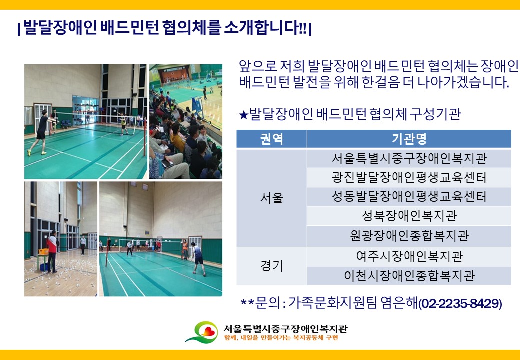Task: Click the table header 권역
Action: tap(271, 139)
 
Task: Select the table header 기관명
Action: tap(409, 139)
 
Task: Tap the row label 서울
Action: tap(272, 198)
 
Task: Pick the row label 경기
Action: tap(272, 266)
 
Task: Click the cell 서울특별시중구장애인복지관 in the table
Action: tap(409, 158)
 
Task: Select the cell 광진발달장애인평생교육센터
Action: tap(409, 177)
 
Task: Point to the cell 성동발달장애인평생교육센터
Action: tap(409, 197)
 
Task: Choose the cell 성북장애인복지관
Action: tap(409, 216)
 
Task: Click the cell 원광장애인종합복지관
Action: tap(409, 236)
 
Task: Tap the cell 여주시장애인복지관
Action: tap(409, 256)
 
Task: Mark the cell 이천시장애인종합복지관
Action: tap(409, 276)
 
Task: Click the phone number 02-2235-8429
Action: tap(460, 303)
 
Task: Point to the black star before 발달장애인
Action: tap(244, 115)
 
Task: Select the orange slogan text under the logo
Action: tap(281, 338)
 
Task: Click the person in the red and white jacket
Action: tap(52, 252)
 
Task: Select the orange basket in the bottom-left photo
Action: tap(43, 252)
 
